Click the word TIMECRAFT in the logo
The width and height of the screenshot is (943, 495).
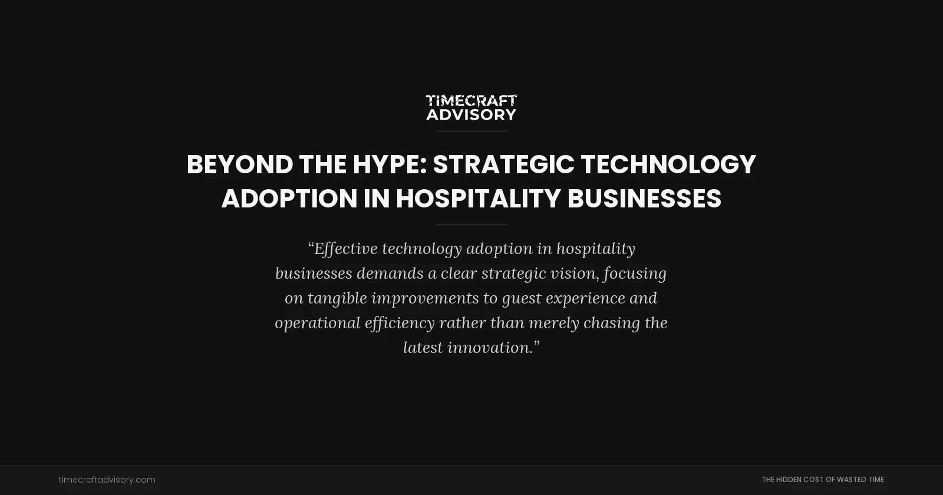click(471, 101)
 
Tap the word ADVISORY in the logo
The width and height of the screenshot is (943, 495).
click(471, 114)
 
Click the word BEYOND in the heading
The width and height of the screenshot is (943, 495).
click(239, 164)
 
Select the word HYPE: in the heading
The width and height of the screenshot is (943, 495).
click(390, 164)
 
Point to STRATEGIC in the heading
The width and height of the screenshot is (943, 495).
click(503, 164)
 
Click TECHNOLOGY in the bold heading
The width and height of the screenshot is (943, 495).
click(668, 164)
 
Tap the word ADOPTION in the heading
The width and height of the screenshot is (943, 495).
click(289, 199)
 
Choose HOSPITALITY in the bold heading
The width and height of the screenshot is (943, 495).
click(478, 199)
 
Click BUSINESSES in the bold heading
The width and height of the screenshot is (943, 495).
click(644, 199)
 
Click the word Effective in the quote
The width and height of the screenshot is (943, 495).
click(345, 249)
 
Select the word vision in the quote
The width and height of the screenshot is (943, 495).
click(574, 273)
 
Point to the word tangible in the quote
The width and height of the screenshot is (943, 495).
click(337, 298)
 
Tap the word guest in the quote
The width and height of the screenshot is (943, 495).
click(522, 298)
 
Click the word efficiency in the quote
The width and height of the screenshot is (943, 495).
click(400, 323)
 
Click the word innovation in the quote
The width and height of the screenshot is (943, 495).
click(490, 348)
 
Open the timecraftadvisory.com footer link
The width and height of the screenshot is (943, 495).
click(107, 480)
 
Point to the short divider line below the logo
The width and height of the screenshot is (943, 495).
click(471, 131)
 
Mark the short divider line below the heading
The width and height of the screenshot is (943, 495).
click(471, 225)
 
